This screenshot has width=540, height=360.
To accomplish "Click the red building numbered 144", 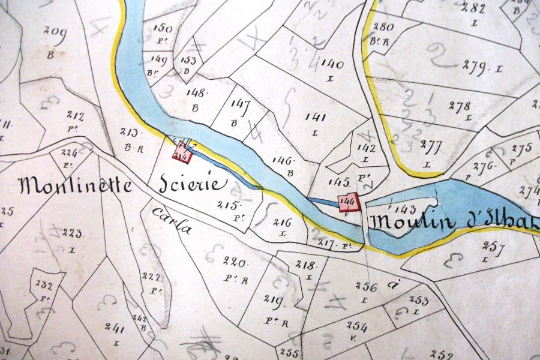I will [x=348, y=202].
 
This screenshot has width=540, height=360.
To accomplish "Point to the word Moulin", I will [x=411, y=221].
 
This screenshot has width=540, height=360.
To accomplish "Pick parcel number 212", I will [x=76, y=116].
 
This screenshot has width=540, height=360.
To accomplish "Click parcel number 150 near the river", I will [x=162, y=28].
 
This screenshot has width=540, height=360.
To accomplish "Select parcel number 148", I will [x=197, y=93].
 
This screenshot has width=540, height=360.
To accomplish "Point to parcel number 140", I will [x=332, y=64].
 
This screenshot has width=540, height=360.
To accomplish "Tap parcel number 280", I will [x=383, y=26].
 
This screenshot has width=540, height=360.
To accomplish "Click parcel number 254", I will [x=356, y=326].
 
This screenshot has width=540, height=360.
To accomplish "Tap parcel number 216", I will [x=282, y=222].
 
